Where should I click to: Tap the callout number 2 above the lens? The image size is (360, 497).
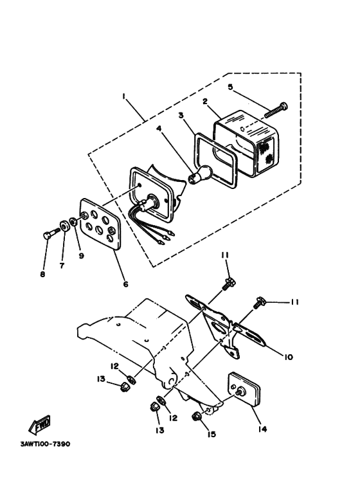(205, 101)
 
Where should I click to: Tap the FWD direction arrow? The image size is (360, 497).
(40, 425)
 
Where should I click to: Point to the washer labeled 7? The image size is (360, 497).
(65, 227)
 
